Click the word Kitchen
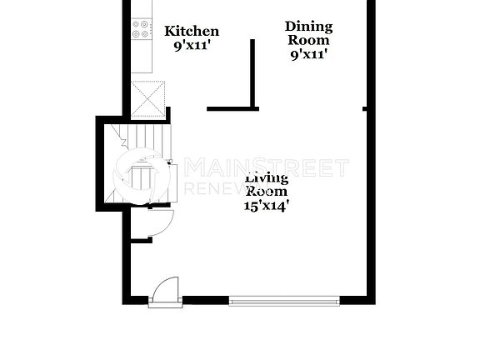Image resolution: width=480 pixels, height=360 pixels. (x=192, y=32)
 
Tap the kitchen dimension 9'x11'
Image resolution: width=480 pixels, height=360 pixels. (x=192, y=47)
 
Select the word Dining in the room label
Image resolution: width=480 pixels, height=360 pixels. (x=308, y=27)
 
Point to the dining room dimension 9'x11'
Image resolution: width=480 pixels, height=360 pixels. (x=308, y=54)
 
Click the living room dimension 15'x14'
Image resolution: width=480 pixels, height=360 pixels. (x=267, y=205)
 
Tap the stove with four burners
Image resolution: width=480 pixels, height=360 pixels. (x=142, y=30)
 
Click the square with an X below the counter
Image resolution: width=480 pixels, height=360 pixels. (x=148, y=99)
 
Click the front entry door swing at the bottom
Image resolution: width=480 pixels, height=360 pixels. (x=165, y=294)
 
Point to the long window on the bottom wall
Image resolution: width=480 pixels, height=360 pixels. (x=284, y=301)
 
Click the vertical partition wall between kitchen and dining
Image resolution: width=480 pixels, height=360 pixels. (x=252, y=73)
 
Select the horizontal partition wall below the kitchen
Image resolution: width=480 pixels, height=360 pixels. (x=232, y=108)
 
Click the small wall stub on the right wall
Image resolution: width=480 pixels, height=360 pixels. (x=364, y=108)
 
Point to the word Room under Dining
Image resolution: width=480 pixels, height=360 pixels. (x=308, y=40)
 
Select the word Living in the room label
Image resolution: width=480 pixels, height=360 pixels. (x=267, y=178)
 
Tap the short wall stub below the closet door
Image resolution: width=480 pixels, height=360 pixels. (x=140, y=241)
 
